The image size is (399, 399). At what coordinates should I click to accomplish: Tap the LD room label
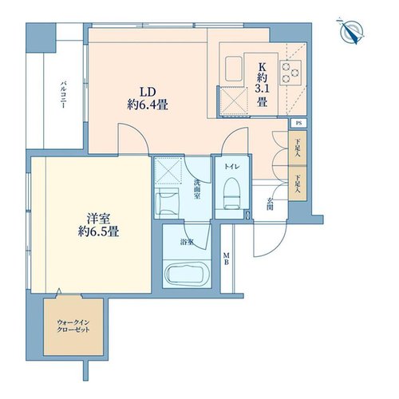tap(148, 92)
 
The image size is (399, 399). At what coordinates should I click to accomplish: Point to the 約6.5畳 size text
tap(99, 231)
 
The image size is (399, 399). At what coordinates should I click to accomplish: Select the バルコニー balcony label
tap(63, 95)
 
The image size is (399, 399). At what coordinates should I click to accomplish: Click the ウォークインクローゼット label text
tap(73, 326)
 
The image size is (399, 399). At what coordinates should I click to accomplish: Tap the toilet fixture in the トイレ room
tap(232, 193)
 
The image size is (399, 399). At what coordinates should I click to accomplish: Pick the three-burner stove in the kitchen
tap(290, 73)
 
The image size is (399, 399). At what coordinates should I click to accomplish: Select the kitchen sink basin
tap(234, 69)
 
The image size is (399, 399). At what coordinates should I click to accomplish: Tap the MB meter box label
tap(226, 259)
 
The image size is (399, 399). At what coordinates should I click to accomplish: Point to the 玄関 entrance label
tap(270, 203)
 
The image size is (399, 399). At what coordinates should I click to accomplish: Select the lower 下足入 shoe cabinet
tap(298, 183)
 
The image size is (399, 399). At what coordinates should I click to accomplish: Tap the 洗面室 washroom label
tap(197, 189)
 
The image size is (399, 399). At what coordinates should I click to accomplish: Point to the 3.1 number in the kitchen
tap(262, 89)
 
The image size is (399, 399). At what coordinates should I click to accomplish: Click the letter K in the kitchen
tap(262, 66)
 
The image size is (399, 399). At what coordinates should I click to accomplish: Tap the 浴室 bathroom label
tap(187, 242)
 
